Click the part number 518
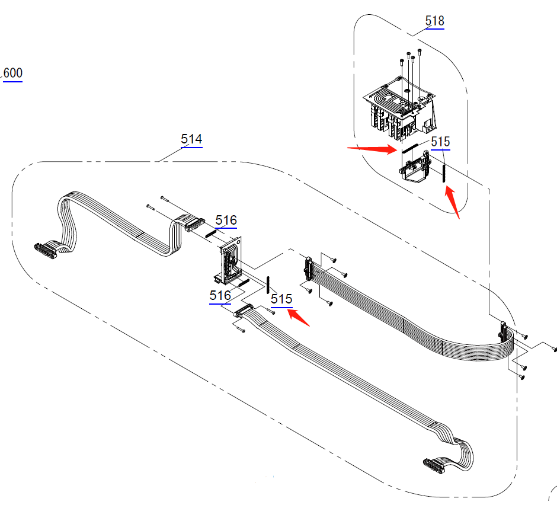click(x=434, y=21)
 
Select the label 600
click(x=12, y=73)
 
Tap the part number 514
click(x=191, y=139)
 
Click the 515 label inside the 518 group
click(x=440, y=142)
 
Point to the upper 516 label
click(x=226, y=220)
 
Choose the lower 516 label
click(x=220, y=295)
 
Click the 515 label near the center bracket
click(x=281, y=299)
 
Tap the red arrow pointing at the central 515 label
click(x=300, y=318)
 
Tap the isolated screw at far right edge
click(x=554, y=349)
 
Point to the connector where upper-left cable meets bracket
click(x=193, y=224)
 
